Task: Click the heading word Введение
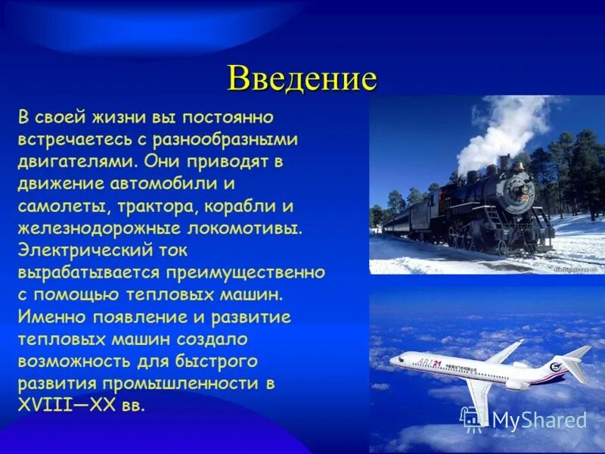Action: pos(302,78)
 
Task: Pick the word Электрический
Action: pos(81,250)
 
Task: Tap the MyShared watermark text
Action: pos(539,421)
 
